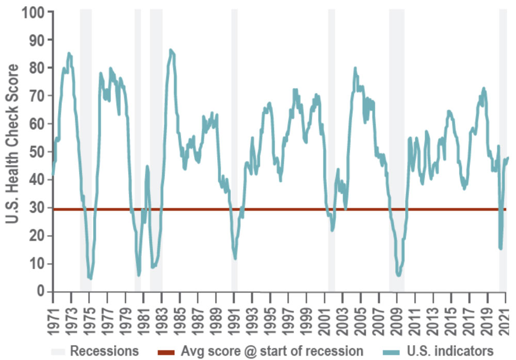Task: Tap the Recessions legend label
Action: point(104,351)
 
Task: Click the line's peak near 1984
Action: point(171,50)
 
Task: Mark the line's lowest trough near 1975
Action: point(90,279)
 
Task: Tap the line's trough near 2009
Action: point(398,275)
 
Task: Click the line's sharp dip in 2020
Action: point(501,249)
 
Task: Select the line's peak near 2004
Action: point(355,68)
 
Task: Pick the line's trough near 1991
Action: point(235,258)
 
